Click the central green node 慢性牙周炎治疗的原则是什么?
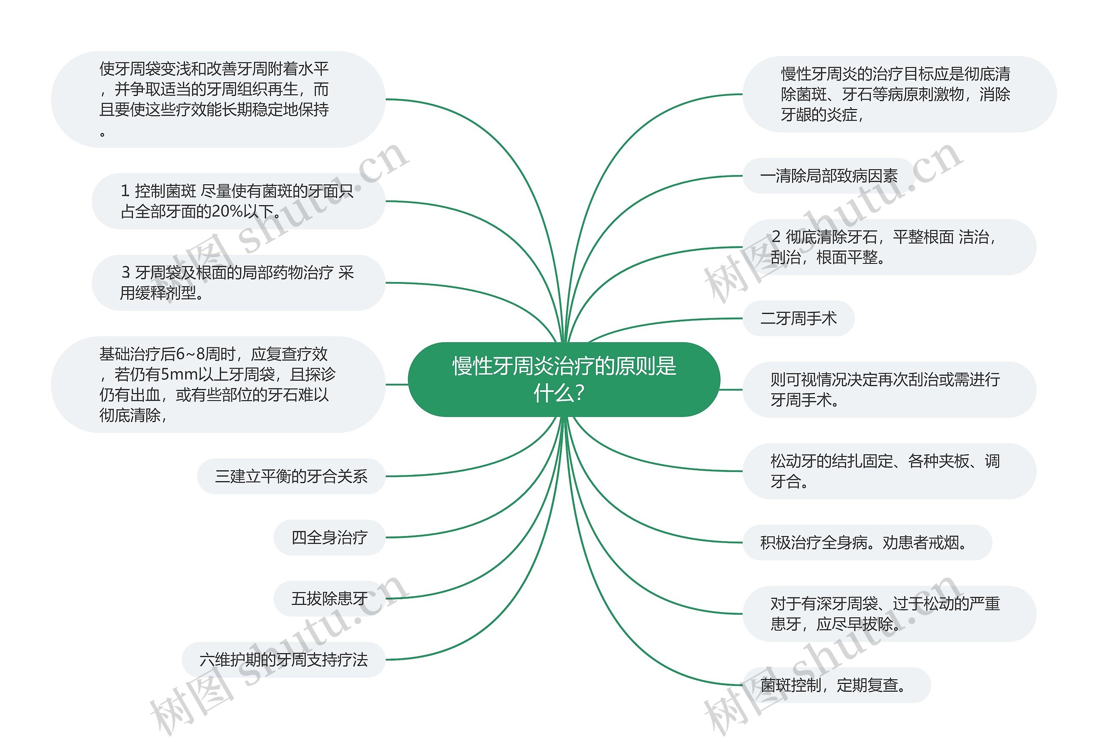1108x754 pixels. click(x=564, y=379)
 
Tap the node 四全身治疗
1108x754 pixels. click(x=329, y=537)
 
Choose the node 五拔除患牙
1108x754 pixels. click(x=329, y=598)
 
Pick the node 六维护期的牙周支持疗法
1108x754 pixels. click(x=283, y=660)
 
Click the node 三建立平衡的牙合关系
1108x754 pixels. click(x=291, y=476)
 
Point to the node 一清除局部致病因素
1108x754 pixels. click(x=828, y=176)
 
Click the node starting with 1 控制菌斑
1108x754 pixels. click(x=238, y=201)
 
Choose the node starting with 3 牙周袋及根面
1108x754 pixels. click(x=238, y=282)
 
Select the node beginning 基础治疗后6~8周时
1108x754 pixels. click(x=217, y=385)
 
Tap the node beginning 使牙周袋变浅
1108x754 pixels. click(x=217, y=99)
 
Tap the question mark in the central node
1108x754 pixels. click(x=580, y=394)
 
